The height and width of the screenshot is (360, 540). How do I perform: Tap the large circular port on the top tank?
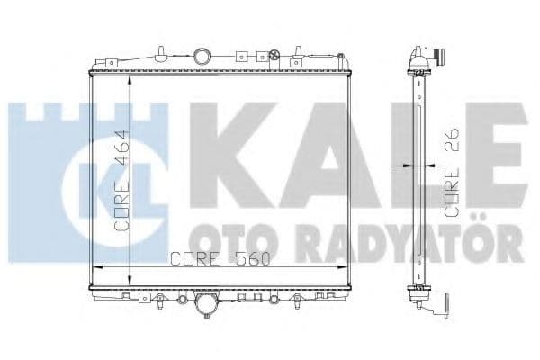point(205,58)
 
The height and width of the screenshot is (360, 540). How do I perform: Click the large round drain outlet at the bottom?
point(206,307)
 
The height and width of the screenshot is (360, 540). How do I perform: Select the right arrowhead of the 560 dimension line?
point(346,268)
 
